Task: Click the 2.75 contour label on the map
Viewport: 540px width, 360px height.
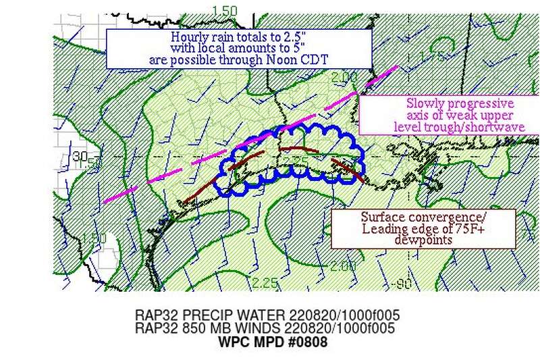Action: click(296, 160)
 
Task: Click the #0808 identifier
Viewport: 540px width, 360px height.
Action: click(309, 342)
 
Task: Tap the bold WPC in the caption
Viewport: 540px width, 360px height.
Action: click(233, 342)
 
